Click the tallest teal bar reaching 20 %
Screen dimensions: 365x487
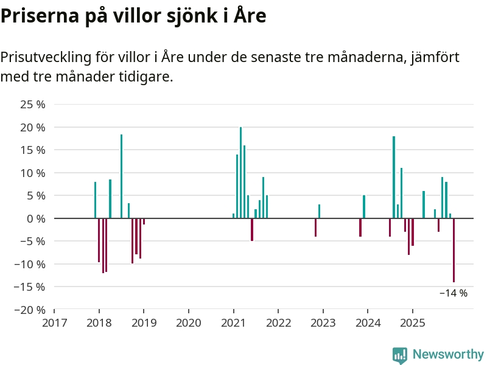tap(241, 173)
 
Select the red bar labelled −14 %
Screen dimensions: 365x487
tap(454, 250)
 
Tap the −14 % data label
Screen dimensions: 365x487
tap(454, 293)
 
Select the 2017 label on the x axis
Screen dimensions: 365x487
tap(54, 322)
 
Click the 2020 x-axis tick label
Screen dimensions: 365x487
tap(188, 322)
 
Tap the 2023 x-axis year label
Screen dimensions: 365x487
tap(323, 322)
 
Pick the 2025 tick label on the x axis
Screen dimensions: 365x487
tap(412, 322)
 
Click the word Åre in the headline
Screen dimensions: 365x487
tap(250, 16)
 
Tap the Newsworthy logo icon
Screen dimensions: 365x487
tap(399, 355)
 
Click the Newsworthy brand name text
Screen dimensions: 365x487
tap(448, 354)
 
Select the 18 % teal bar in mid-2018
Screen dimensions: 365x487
tap(121, 176)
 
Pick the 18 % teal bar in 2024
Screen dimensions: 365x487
tap(394, 177)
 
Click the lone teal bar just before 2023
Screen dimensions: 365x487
tap(319, 211)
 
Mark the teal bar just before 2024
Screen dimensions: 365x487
tap(364, 207)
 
